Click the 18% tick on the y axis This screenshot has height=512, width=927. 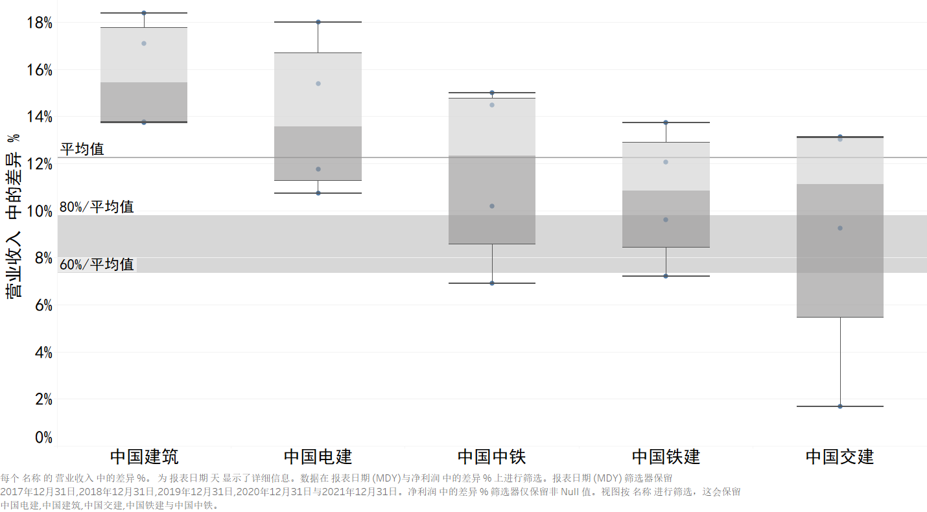coord(39,23)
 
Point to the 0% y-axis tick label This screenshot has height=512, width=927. coord(42,438)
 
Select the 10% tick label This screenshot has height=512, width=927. coord(39,211)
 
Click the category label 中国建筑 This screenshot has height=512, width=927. coord(144,456)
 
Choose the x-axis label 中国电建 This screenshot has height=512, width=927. coord(318,456)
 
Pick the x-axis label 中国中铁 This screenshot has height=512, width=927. coord(491,456)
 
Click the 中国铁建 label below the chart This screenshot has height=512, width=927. coord(666,456)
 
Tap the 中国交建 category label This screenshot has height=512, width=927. coord(839,456)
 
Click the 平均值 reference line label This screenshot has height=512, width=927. coord(82,149)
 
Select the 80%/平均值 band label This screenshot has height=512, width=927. coord(97,207)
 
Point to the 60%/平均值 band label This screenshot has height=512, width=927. coord(97,264)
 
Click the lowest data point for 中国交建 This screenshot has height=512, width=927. coord(840,406)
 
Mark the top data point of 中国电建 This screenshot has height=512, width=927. coord(318,22)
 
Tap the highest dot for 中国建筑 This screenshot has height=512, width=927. coord(144,13)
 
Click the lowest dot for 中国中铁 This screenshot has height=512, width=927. coord(492,283)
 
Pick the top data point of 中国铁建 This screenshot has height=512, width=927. coord(666,122)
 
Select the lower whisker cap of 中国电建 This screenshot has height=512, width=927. coord(318,193)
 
